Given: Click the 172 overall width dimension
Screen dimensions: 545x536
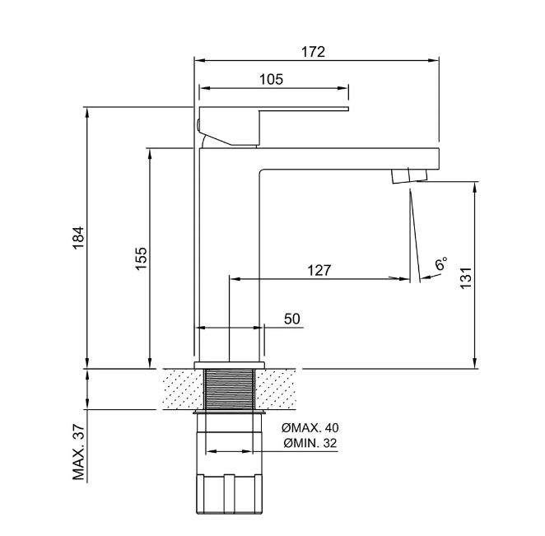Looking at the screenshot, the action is click(x=313, y=51).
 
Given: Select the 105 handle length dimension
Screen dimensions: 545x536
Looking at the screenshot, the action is click(x=271, y=79).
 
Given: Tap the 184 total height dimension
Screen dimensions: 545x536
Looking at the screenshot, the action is click(x=78, y=237).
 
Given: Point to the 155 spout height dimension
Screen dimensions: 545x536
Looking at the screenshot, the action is click(x=141, y=259).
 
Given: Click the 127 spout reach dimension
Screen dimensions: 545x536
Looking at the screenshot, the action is click(x=319, y=270).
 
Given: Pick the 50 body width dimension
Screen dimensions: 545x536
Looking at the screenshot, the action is click(x=292, y=319).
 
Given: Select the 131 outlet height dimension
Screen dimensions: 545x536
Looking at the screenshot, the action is click(x=466, y=277).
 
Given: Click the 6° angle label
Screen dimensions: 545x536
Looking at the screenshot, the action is click(x=441, y=263).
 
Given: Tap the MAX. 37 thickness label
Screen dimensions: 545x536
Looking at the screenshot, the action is click(x=78, y=452).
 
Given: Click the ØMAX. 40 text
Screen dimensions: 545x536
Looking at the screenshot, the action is click(x=310, y=427).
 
